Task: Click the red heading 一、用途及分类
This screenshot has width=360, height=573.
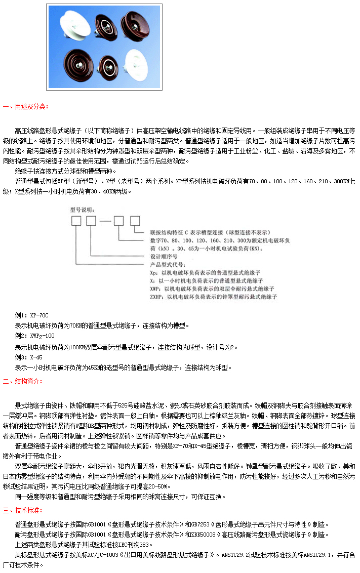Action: tap(26, 107)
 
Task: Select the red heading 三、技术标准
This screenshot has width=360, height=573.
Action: tap(23, 510)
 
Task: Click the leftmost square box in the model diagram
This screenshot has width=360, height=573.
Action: tap(76, 221)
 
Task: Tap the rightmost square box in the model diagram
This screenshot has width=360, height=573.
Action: tap(135, 221)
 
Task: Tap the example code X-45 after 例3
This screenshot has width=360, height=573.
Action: tap(36, 357)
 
